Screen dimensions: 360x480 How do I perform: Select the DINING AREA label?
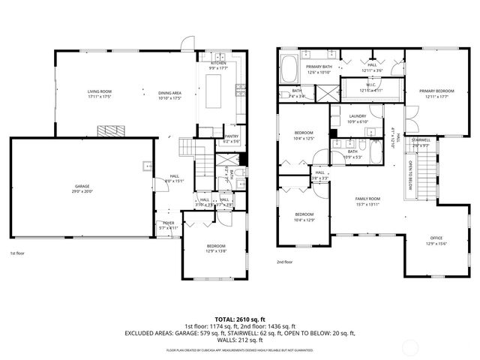169,94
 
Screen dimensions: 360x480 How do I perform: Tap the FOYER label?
168,225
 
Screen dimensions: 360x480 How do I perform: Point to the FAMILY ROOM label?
367,201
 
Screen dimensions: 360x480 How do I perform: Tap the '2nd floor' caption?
285,262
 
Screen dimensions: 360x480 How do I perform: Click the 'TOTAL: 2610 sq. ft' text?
239,319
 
